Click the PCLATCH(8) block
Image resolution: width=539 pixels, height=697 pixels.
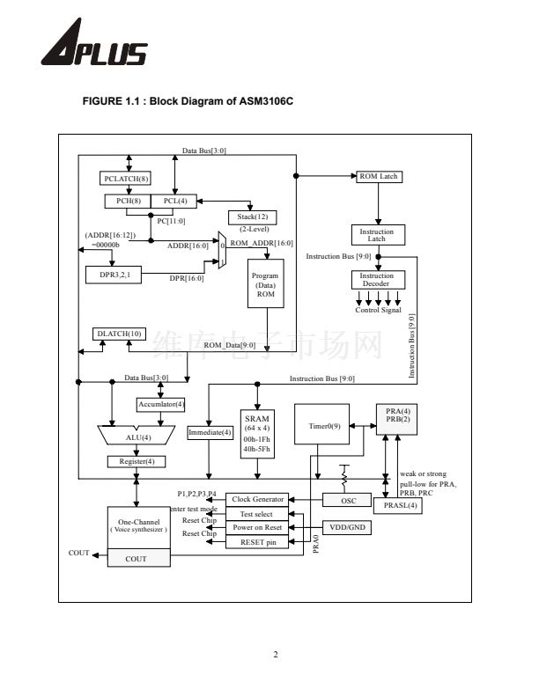(127, 179)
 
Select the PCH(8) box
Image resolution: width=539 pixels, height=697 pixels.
(127, 202)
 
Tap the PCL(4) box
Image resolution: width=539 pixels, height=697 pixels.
(175, 202)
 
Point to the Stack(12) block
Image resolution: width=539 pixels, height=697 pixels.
(253, 216)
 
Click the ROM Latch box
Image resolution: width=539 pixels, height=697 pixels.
(379, 176)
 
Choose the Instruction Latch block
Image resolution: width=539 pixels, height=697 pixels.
(377, 236)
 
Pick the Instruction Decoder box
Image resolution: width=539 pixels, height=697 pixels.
(377, 280)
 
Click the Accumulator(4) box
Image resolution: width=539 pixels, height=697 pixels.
(160, 405)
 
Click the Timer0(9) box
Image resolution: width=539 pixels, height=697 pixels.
(323, 427)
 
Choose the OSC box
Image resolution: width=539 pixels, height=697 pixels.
(350, 500)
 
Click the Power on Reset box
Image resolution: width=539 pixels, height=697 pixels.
(257, 527)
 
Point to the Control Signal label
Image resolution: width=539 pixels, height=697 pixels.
(378, 311)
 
